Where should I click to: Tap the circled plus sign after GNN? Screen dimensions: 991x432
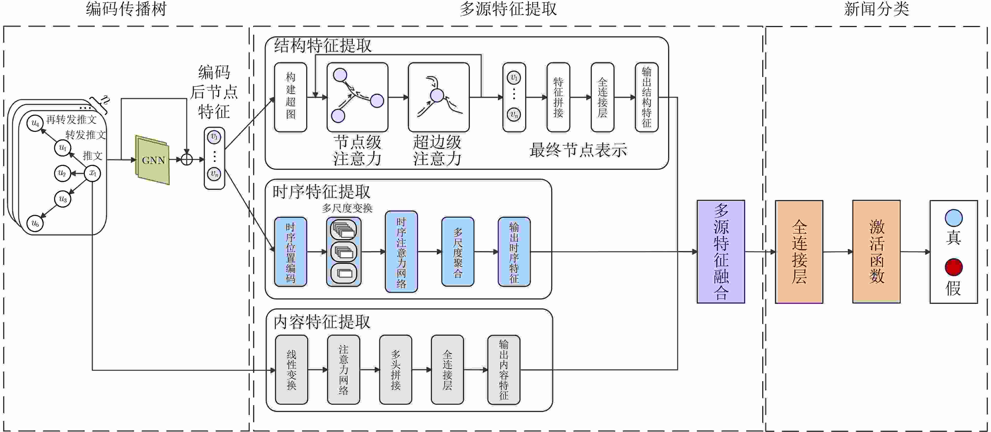[187, 159]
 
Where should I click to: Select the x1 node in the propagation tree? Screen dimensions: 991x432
[92, 173]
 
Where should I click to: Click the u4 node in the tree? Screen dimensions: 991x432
[35, 123]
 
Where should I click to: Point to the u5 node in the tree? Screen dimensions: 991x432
[35, 223]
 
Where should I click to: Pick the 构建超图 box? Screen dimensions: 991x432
[290, 97]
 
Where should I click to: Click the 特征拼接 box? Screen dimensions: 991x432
[558, 97]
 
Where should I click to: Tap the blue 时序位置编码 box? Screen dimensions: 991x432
[290, 252]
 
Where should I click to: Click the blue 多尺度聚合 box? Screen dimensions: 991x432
[458, 252]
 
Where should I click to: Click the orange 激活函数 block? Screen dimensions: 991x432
[876, 252]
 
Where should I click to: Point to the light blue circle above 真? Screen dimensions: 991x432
[954, 218]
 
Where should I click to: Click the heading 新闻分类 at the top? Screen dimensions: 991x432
[876, 9]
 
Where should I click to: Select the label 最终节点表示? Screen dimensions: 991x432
[578, 150]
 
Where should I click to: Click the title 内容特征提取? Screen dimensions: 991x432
[322, 322]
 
